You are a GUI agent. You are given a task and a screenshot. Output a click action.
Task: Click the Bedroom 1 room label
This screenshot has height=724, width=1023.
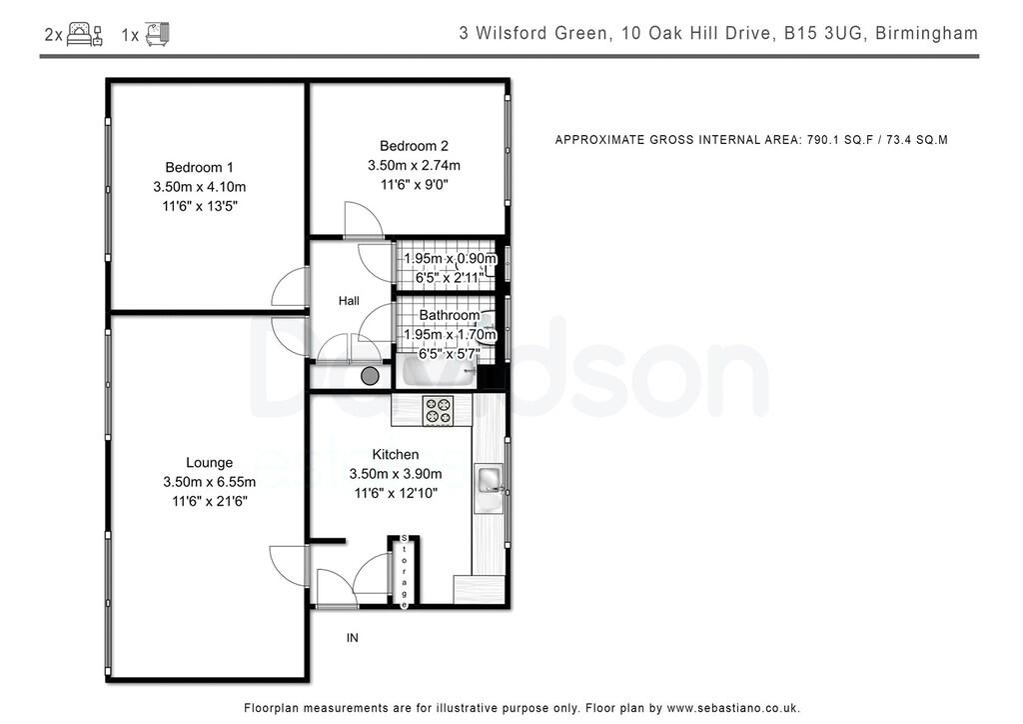(x=199, y=167)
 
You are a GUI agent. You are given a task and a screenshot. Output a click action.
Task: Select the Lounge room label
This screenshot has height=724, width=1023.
(x=209, y=462)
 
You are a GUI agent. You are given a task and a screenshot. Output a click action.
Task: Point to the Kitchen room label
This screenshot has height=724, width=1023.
(x=396, y=454)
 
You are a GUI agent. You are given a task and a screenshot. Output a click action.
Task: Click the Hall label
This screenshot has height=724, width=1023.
(x=349, y=301)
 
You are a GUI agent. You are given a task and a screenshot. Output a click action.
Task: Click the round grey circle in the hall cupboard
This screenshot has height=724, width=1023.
(x=370, y=375)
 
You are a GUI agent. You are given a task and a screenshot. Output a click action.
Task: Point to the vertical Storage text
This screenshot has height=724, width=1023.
(x=404, y=571)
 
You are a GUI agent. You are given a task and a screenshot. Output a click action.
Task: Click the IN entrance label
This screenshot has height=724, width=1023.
(x=352, y=638)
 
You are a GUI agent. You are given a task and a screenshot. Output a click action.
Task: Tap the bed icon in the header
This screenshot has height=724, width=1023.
(x=84, y=34)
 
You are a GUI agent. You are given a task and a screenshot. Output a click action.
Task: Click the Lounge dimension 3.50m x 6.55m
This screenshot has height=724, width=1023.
(x=209, y=482)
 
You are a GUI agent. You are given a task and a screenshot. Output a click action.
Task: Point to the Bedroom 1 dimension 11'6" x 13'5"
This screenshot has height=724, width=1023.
(x=199, y=206)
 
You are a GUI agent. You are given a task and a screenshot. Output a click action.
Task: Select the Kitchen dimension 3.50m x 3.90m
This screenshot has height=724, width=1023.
(x=396, y=473)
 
